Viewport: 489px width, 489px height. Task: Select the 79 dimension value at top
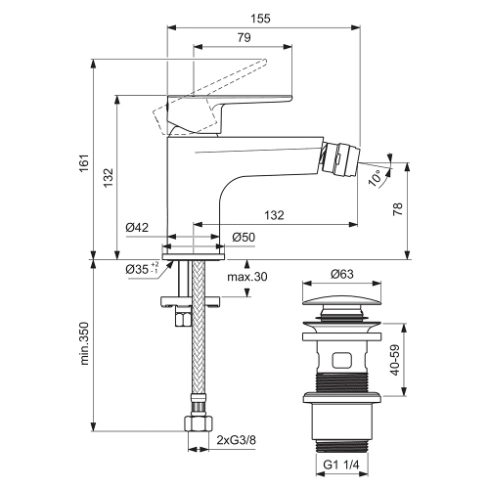(244, 38)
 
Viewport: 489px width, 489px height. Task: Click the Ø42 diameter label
(137, 228)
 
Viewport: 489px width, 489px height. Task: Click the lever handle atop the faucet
(235, 102)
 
